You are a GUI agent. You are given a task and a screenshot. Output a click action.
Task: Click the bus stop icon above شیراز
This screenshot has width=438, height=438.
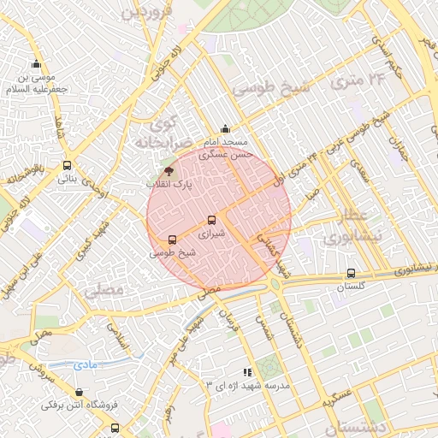(x=213, y=220)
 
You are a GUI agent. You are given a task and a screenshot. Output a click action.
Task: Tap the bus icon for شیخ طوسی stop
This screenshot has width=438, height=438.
(x=173, y=240)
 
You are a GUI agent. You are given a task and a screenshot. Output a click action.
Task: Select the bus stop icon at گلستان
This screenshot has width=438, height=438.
(x=351, y=274)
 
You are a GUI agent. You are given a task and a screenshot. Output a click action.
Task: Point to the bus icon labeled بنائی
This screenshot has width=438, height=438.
(x=67, y=167)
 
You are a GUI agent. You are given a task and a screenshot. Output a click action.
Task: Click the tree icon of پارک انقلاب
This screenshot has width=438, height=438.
(x=167, y=171)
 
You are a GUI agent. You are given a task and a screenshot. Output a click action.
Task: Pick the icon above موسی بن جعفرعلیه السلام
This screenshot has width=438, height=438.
(x=36, y=64)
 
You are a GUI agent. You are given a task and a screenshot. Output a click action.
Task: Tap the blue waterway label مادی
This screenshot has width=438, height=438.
(x=85, y=365)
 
